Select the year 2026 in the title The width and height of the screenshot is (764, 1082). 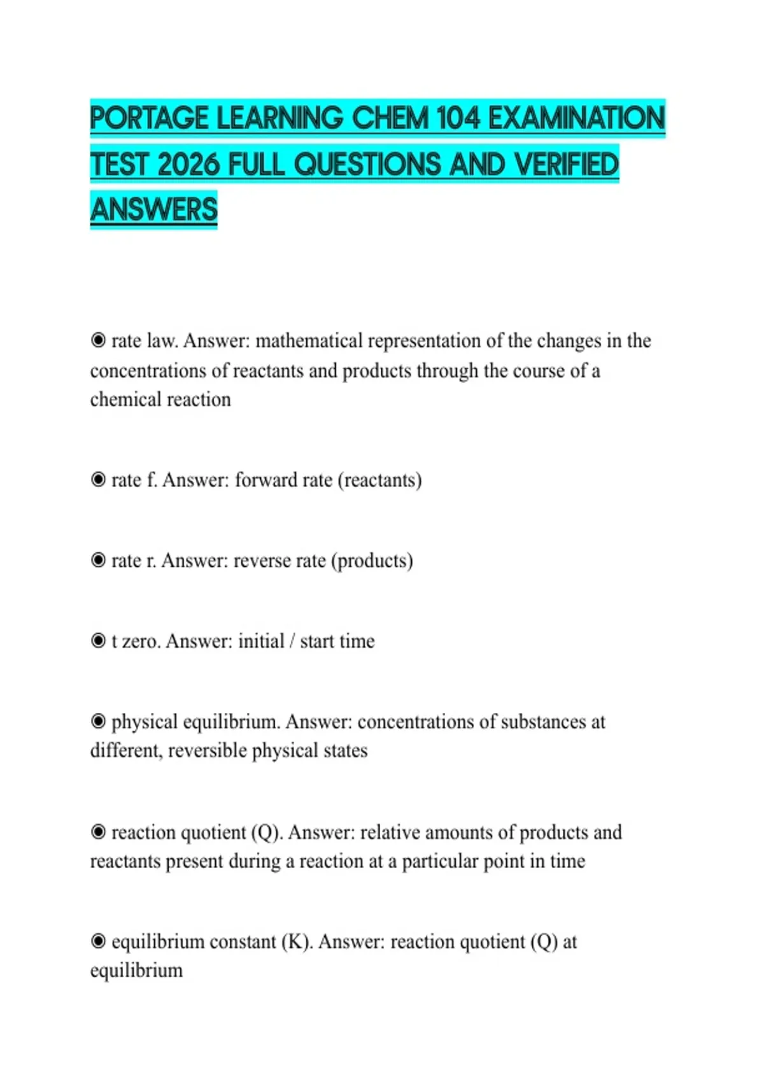click(x=189, y=164)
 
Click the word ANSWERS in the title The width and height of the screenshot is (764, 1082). click(x=154, y=209)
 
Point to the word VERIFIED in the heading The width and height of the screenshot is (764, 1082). click(x=566, y=164)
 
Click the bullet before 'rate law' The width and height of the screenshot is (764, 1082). click(x=98, y=341)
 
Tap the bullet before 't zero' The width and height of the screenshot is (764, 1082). click(x=98, y=640)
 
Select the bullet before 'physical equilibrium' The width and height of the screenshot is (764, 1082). click(x=98, y=721)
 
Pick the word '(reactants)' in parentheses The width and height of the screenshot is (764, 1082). click(x=379, y=480)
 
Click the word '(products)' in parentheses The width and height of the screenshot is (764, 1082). click(x=372, y=561)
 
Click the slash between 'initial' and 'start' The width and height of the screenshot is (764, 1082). click(x=292, y=641)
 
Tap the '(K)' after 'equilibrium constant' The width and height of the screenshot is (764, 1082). click(x=297, y=942)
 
